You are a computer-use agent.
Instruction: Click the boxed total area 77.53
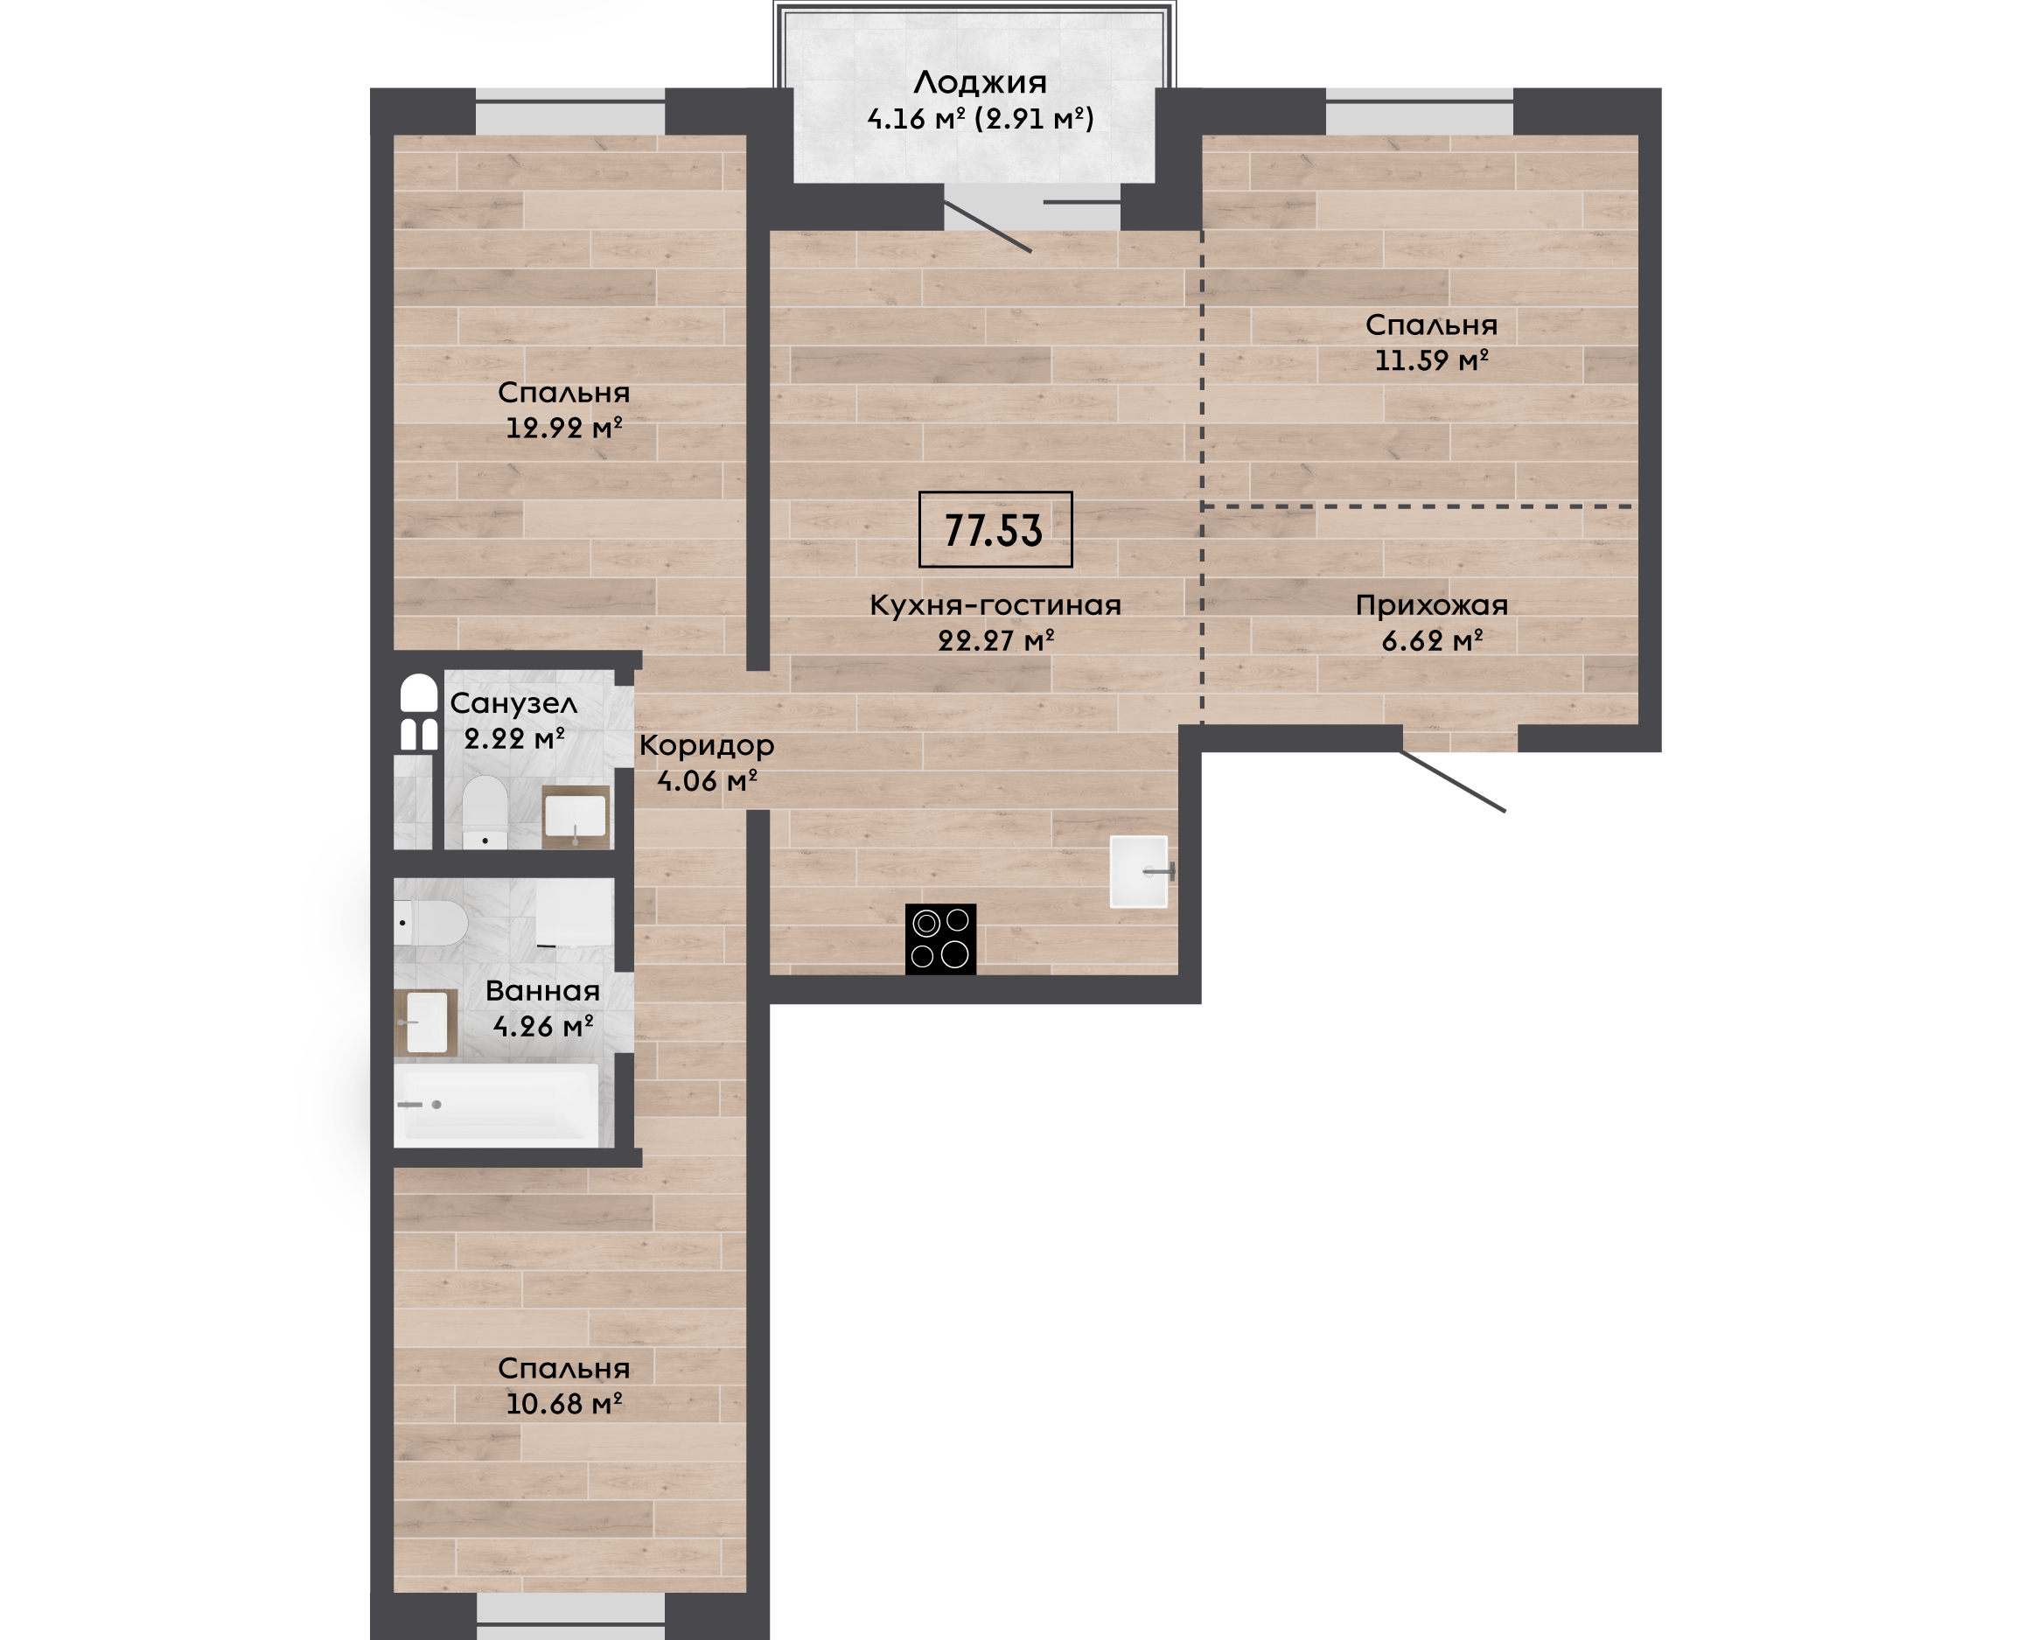click(995, 529)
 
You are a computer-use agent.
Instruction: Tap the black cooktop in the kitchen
click(940, 939)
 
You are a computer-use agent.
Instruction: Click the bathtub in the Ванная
click(497, 1104)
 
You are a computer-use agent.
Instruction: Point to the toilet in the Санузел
click(485, 813)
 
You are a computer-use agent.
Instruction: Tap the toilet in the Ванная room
click(430, 923)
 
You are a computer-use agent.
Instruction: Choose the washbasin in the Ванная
click(425, 1022)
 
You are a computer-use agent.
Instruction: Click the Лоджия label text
click(980, 82)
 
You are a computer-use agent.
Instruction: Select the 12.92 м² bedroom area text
click(564, 428)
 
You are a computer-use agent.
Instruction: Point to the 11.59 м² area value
click(1431, 360)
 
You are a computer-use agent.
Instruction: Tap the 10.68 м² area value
click(564, 1404)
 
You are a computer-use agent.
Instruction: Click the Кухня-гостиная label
click(995, 605)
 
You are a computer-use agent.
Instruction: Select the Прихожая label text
click(1431, 605)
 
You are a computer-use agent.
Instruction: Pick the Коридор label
click(707, 745)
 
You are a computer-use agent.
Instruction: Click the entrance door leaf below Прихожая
click(1453, 781)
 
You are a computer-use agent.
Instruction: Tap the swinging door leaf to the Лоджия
click(988, 227)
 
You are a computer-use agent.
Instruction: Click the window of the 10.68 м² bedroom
click(570, 1616)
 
